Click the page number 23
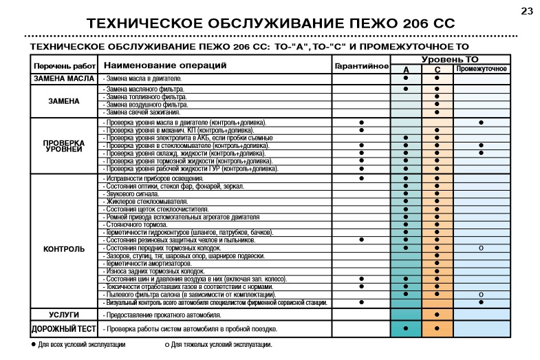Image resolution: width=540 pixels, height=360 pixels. tap(527, 10)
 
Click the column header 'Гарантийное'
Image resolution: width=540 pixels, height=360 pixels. tap(362, 67)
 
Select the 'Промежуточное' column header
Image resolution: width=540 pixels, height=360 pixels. tap(482, 69)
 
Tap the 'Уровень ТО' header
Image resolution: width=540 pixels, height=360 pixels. tap(450, 60)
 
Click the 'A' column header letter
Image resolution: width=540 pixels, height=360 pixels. tap(406, 70)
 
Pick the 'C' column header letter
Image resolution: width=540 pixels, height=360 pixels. tap(437, 70)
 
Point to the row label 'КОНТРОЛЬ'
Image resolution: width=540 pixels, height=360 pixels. tap(63, 248)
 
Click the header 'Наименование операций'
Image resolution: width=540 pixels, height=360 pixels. tap(165, 65)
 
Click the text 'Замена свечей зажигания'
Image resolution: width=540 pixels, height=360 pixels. tap(142, 112)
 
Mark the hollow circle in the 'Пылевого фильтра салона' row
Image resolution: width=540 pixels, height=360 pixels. tap(481, 295)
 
